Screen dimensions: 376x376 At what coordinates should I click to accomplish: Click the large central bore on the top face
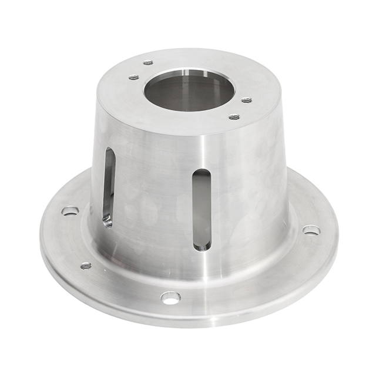(x=189, y=91)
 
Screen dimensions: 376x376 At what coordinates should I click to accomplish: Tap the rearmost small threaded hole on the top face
(x=148, y=62)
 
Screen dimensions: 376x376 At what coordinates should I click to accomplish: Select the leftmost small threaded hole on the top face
(x=134, y=77)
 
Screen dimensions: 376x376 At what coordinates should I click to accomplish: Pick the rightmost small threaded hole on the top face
(x=247, y=100)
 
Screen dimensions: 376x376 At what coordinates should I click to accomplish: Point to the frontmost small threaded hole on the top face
(x=234, y=116)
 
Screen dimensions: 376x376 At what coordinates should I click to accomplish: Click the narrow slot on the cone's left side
(x=109, y=187)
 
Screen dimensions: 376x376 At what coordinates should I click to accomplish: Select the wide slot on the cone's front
(x=202, y=209)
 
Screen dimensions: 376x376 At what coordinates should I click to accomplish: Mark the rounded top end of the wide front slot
(x=202, y=174)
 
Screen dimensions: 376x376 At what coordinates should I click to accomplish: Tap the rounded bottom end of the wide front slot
(x=202, y=244)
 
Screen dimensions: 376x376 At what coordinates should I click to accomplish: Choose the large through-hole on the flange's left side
(x=70, y=210)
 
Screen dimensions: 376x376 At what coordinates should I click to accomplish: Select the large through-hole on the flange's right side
(x=311, y=230)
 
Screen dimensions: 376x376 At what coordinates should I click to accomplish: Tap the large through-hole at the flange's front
(x=170, y=297)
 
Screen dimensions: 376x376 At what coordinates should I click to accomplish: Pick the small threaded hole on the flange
(x=86, y=266)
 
